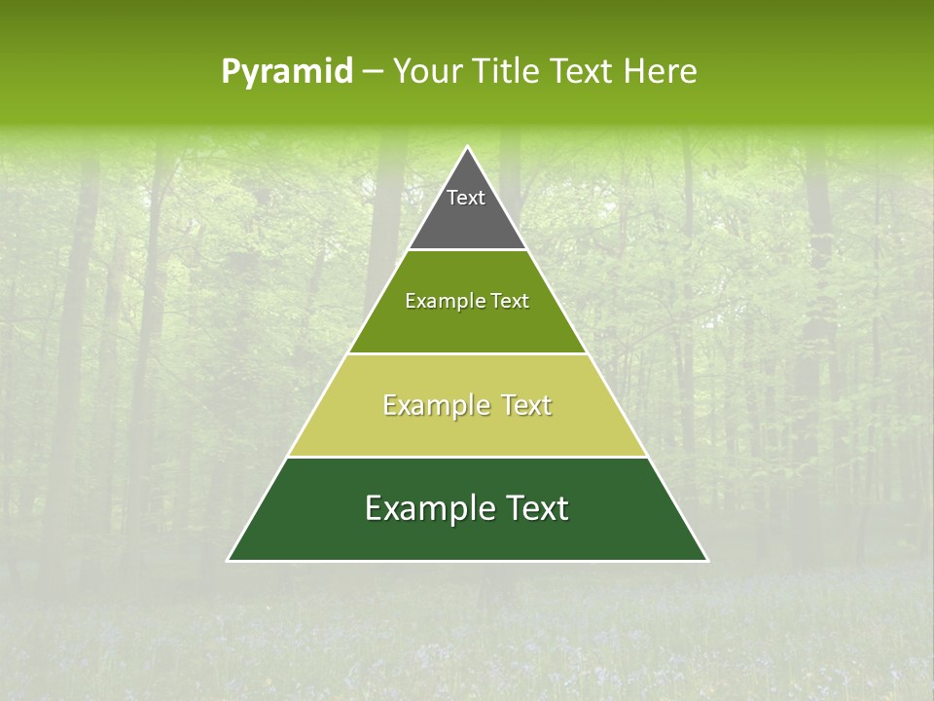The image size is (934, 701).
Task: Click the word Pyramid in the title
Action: pos(287,71)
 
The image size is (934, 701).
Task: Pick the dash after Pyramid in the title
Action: pos(373,72)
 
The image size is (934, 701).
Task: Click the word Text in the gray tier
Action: pos(466,198)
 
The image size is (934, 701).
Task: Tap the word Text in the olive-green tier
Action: pos(510,301)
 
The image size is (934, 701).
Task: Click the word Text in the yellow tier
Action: pos(526,405)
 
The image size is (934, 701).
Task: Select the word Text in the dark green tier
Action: pos(536,508)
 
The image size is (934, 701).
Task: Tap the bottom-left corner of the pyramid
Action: pos(229,560)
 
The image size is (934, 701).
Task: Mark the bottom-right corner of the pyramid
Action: pos(706,560)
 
